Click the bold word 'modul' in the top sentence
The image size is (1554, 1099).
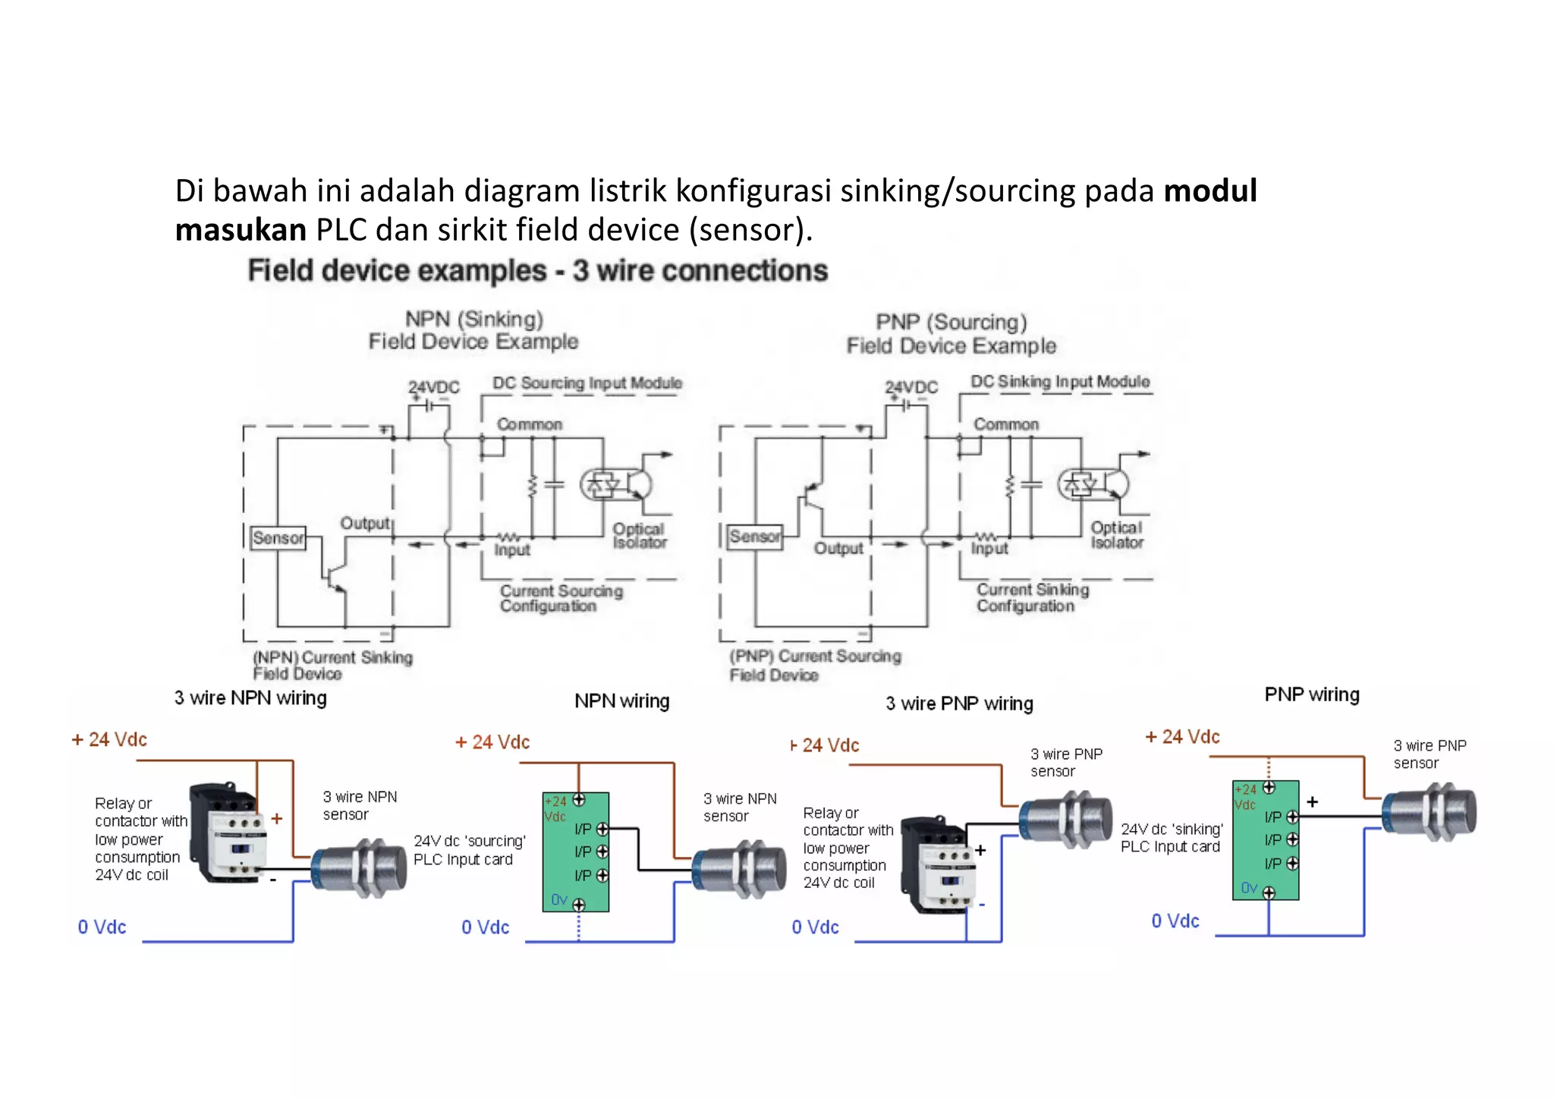coord(1210,191)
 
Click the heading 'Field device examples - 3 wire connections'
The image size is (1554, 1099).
coord(537,271)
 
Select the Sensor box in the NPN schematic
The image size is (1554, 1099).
coord(278,538)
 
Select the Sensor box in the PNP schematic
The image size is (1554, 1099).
coord(754,537)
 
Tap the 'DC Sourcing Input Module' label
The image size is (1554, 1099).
coord(587,383)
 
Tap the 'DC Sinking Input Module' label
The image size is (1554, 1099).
coord(1060,382)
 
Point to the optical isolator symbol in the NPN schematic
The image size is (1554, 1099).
coord(616,485)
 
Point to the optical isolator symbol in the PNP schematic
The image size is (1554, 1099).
coord(1093,483)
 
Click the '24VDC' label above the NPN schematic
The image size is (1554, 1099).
coord(433,387)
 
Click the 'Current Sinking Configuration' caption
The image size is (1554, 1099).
coord(1032,597)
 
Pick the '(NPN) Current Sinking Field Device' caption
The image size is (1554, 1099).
coord(332,665)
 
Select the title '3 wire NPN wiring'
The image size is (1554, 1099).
coord(250,698)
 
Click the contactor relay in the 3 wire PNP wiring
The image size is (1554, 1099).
coord(938,865)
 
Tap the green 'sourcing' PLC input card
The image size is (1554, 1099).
coord(576,852)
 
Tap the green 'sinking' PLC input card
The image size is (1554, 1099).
coord(1266,840)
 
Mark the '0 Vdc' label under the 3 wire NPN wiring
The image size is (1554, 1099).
coord(102,927)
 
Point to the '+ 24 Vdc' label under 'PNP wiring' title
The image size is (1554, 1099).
coord(1182,737)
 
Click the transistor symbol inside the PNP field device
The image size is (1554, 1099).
coord(813,494)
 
